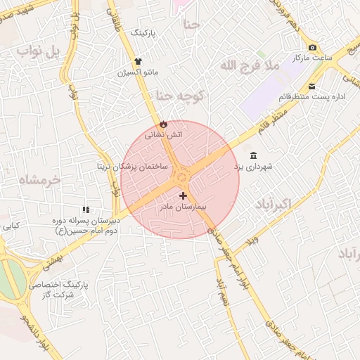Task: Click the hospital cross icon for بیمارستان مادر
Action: (184, 195)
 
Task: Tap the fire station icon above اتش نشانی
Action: (163, 123)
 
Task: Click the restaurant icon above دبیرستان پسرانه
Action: (86, 210)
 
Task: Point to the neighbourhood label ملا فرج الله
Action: (250, 65)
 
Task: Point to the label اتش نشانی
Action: (163, 134)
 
